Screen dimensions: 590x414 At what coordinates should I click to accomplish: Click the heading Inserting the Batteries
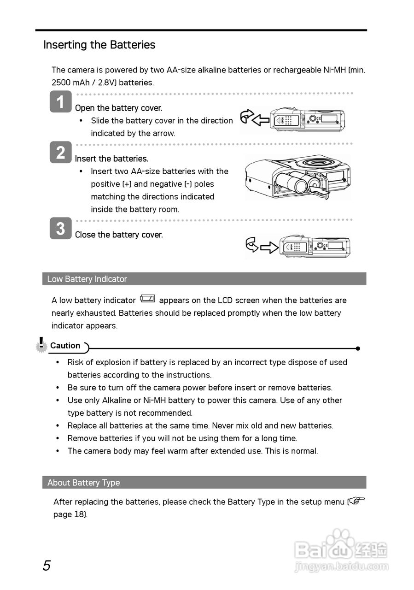click(99, 45)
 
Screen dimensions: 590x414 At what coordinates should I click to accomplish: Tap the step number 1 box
click(60, 102)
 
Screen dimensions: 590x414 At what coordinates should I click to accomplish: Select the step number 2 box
click(60, 153)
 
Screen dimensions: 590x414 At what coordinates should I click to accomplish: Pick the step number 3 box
click(60, 229)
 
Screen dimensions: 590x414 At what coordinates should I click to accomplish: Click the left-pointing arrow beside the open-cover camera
click(261, 121)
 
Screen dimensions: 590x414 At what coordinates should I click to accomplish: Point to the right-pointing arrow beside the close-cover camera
click(269, 248)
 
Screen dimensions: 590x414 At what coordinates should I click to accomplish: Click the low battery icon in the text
click(147, 299)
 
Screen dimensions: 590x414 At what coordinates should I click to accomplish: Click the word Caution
click(65, 346)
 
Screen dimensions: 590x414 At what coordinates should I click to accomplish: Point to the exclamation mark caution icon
click(41, 344)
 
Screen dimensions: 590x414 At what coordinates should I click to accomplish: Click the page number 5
click(47, 566)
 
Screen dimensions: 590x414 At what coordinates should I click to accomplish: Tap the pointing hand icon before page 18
click(356, 501)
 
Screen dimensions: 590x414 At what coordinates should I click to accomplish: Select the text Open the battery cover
click(118, 108)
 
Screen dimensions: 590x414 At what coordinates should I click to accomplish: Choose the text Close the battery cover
click(119, 235)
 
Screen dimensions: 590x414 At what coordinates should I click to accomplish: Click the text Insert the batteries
click(111, 159)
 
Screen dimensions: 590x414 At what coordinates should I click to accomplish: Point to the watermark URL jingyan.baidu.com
click(341, 566)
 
